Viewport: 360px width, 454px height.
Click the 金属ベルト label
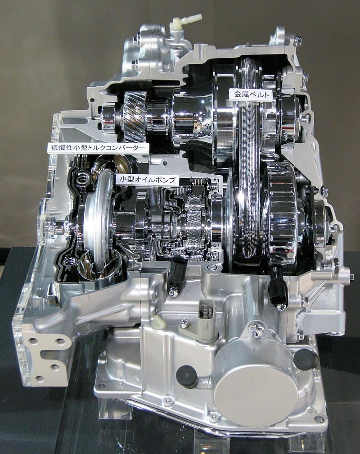click(251, 95)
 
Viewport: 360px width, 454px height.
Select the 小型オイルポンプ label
click(148, 179)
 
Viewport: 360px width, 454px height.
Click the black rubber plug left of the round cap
click(187, 376)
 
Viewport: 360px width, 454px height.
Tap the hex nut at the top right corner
click(297, 40)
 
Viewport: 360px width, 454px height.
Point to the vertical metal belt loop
click(248, 180)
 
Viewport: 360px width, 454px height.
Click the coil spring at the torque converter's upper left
click(83, 180)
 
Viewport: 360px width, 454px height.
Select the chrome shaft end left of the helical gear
click(108, 118)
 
